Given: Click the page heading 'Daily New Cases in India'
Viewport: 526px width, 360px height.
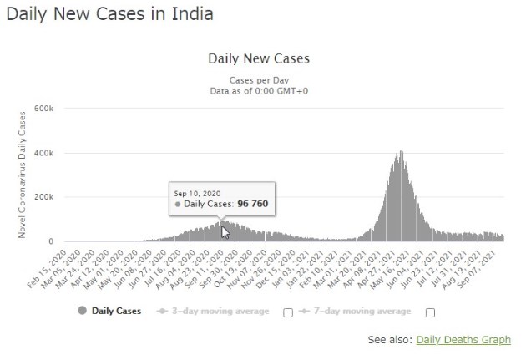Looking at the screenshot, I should [x=109, y=14].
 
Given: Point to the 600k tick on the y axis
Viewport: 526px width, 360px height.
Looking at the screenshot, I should [x=44, y=109].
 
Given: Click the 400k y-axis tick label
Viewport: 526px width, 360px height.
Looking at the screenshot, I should [x=44, y=154].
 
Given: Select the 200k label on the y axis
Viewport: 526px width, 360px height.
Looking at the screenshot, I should [x=44, y=198].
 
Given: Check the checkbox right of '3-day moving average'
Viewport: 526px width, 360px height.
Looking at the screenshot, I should [x=287, y=312].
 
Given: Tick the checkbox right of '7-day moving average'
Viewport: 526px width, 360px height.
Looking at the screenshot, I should [x=431, y=312].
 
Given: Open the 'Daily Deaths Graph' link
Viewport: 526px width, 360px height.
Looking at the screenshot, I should [x=463, y=340].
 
